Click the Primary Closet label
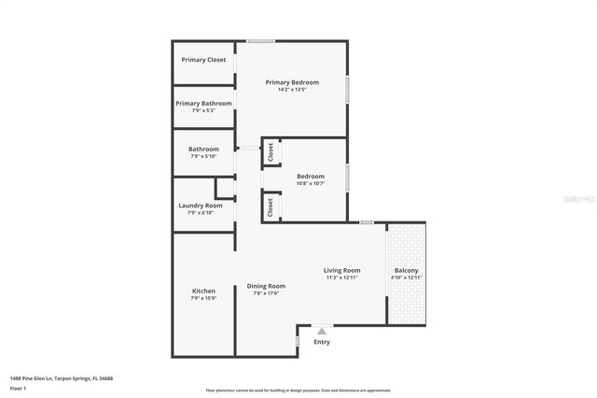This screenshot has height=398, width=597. tap(203, 60)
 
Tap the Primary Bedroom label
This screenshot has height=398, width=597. tap(292, 82)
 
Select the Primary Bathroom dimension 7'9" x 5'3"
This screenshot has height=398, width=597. tap(203, 111)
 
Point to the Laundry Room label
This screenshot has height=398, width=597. tap(201, 206)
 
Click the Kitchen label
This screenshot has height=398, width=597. tap(203, 291)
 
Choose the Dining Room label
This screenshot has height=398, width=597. tap(266, 286)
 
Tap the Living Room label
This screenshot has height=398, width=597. tap(342, 271)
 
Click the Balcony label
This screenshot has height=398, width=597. tap(406, 271)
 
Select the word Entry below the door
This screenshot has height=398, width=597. tap(322, 342)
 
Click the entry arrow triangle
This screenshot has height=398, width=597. tap(322, 330)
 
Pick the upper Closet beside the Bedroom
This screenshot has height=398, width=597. tap(270, 152)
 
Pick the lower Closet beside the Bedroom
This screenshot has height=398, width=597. tap(270, 206)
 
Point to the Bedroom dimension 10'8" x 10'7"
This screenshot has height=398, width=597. tap(311, 183)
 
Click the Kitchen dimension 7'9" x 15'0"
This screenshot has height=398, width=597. tap(203, 298)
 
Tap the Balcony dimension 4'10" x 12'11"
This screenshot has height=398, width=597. tap(406, 277)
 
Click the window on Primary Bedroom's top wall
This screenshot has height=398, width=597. tap(260, 40)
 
